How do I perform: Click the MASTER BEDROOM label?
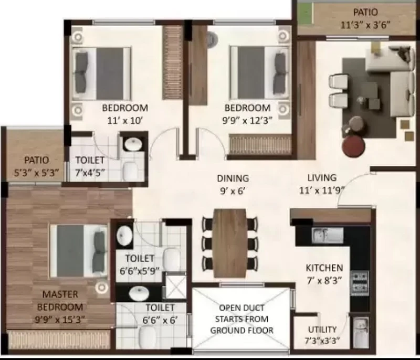[60, 300]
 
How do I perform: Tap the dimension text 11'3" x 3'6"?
[365, 25]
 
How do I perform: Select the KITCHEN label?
[324, 268]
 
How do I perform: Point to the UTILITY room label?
[322, 329]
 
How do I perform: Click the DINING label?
[233, 178]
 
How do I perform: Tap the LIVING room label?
[322, 178]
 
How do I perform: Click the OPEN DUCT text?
[241, 308]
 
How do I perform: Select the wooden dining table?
[229, 243]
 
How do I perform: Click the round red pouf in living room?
[353, 146]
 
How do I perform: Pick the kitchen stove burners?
[360, 283]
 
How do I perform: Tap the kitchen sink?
[327, 235]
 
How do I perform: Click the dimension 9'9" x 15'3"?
[60, 319]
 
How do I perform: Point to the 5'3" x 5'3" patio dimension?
[36, 173]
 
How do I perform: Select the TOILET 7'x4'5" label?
[89, 166]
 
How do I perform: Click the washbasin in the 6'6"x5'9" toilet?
[124, 236]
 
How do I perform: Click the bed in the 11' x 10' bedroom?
[101, 73]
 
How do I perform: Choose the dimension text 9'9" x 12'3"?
[247, 121]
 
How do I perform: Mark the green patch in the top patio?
[306, 13]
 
